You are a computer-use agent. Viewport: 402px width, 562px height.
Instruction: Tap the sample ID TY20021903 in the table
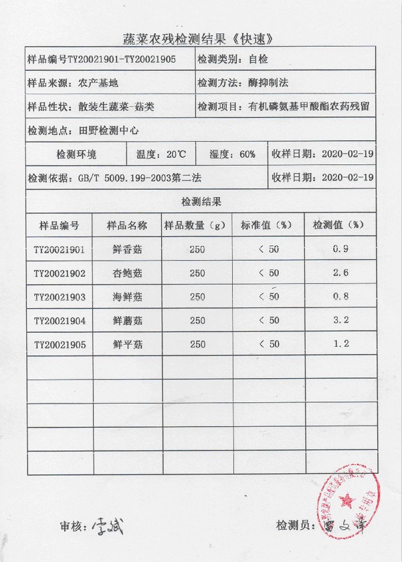tap(60, 297)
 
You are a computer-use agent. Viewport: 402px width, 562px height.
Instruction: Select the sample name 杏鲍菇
tap(127, 273)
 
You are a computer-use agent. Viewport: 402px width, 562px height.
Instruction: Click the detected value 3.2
tap(340, 320)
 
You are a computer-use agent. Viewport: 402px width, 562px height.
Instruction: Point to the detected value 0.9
tap(340, 250)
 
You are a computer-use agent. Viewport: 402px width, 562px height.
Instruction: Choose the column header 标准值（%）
tap(267, 225)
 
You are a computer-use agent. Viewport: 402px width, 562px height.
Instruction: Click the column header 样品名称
tap(127, 225)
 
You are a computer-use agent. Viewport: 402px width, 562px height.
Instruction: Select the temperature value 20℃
tap(176, 154)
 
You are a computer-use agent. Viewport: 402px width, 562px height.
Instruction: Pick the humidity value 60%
tap(244, 154)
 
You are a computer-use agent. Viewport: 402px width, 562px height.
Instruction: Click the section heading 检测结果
tap(201, 201)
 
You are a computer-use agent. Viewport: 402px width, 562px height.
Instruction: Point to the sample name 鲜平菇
tap(127, 344)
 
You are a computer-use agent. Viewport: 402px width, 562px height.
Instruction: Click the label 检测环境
tap(76, 154)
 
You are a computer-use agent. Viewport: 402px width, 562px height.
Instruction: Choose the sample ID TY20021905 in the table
tap(60, 344)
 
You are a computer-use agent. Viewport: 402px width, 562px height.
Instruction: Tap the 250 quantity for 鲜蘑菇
tap(197, 321)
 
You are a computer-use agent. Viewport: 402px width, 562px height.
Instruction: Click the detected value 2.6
tap(340, 273)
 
